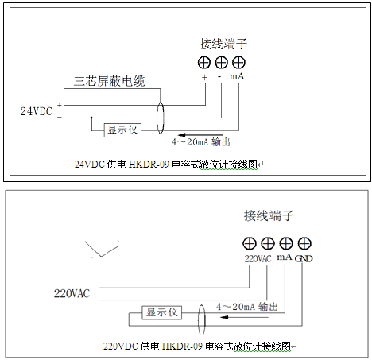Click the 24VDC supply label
pos(37,111)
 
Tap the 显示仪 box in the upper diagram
pos(122,130)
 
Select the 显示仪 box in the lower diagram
pos(162,312)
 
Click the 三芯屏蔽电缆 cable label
pos(110,81)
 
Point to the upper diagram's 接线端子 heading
pos(223,44)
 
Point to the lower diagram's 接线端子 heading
pos(269,215)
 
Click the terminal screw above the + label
pos(204,63)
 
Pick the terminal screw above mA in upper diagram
pos(238,63)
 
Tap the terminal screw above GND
pos(304,243)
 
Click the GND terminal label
pos(304,258)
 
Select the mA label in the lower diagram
pos(285,257)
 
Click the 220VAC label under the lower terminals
pos(258,258)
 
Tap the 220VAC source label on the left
pos(72,293)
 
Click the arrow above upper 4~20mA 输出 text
pos(201,135)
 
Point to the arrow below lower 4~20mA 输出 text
pos(244,317)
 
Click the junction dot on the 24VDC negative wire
pos(91,118)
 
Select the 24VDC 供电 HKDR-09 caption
pos(166,165)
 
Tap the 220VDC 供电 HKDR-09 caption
pos(197,346)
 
